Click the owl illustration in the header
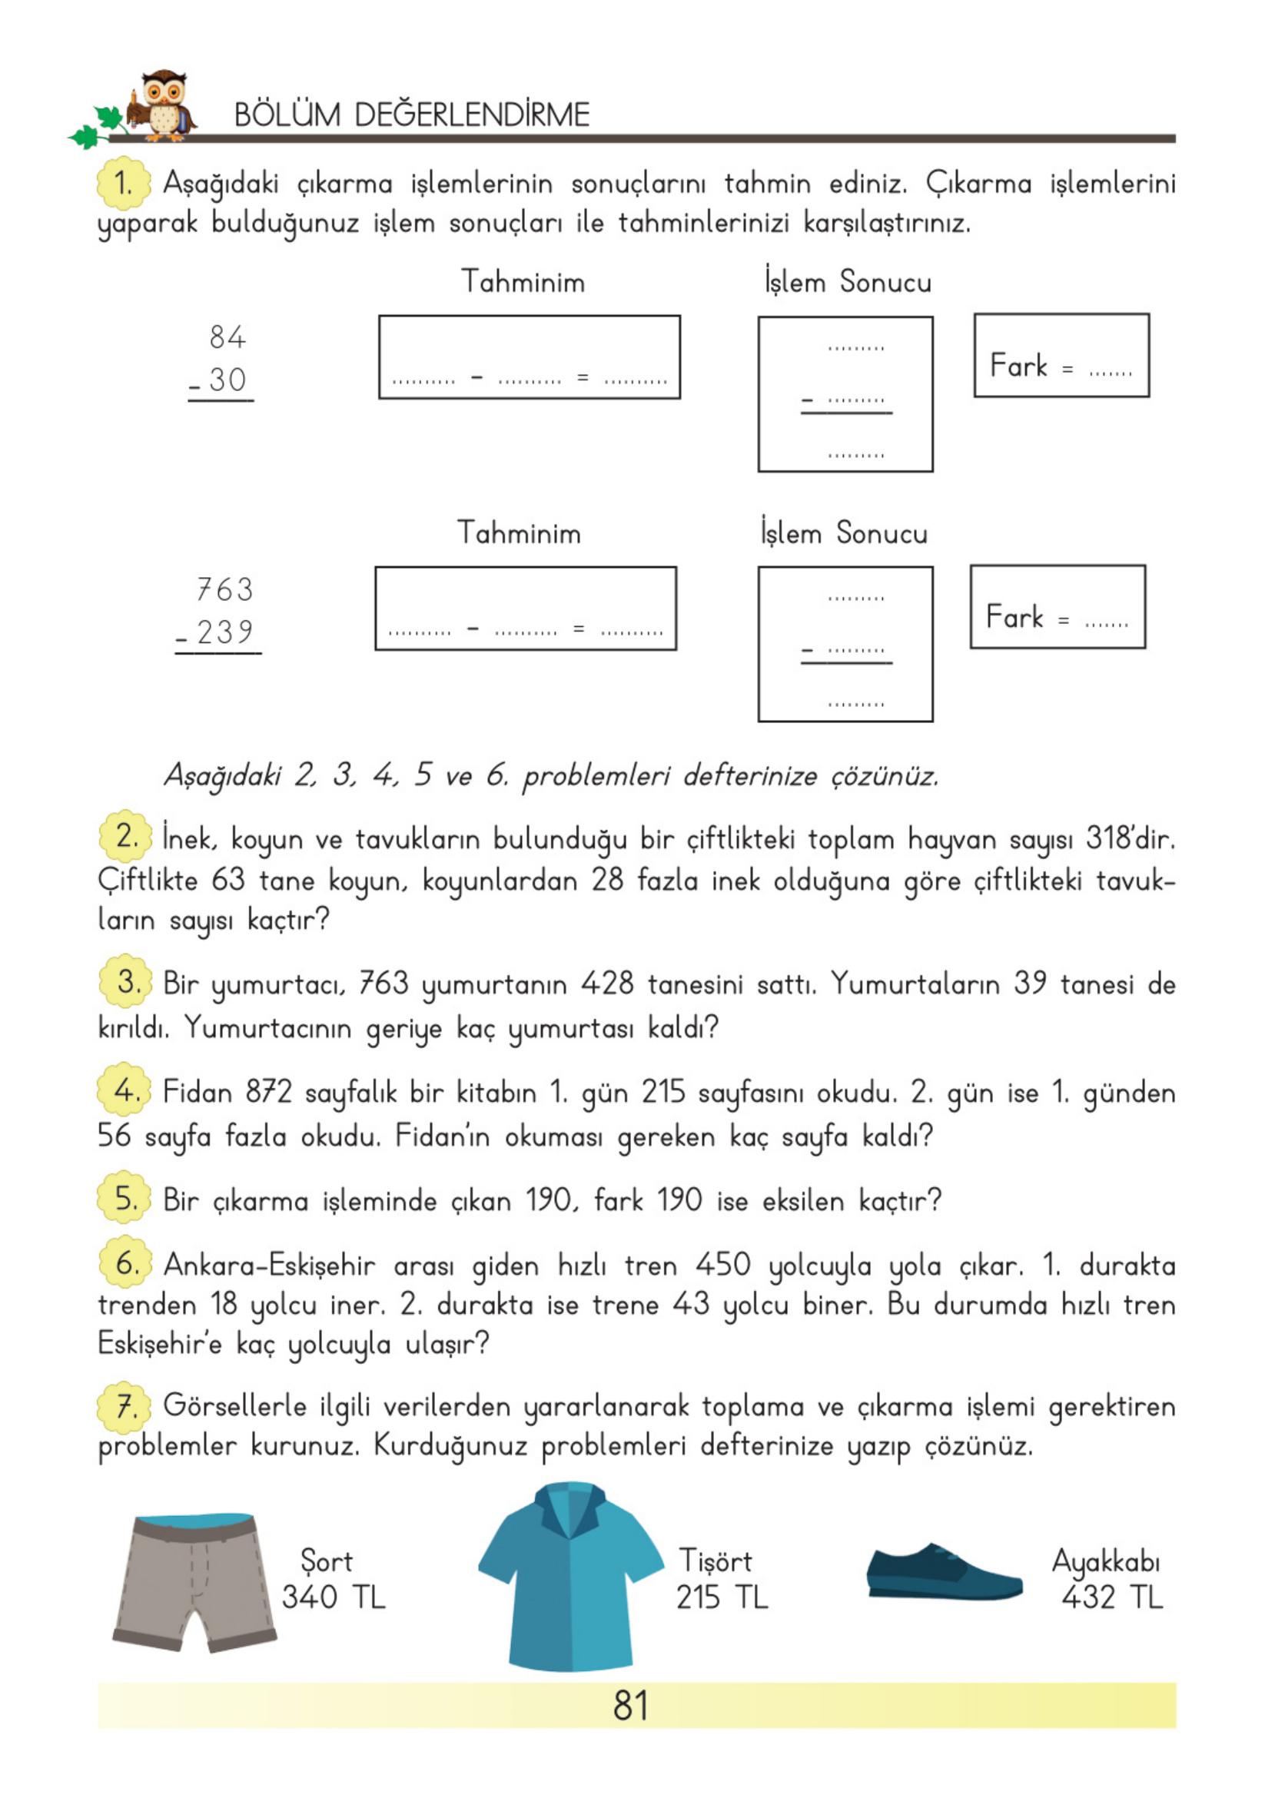(x=162, y=105)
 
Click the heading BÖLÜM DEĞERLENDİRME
(x=411, y=115)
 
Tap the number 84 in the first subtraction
(x=227, y=337)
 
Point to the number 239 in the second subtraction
(x=224, y=632)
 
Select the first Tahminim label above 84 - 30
(x=523, y=282)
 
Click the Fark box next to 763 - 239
(x=1057, y=607)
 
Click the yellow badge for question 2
(x=125, y=837)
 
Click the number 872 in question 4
(x=269, y=1092)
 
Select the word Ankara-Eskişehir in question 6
(x=269, y=1265)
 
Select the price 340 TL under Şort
(x=334, y=1597)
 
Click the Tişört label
(x=716, y=1561)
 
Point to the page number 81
(x=630, y=1705)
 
